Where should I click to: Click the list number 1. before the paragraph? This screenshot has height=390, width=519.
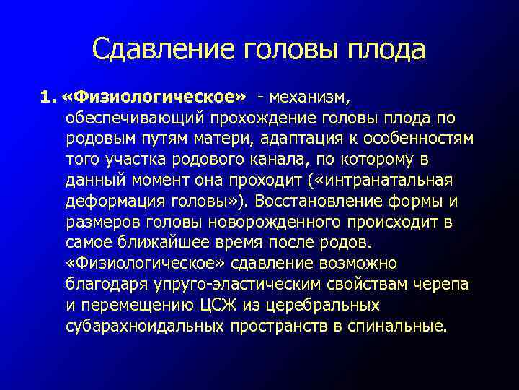(48, 96)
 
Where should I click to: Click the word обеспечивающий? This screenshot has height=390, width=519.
(135, 117)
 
